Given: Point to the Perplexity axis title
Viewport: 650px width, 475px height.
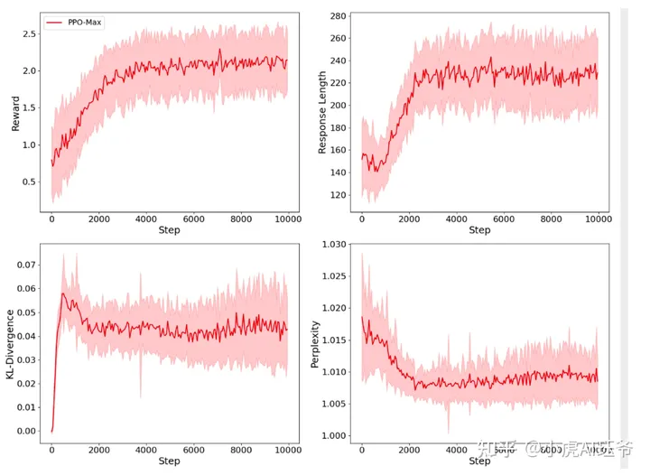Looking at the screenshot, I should pyautogui.click(x=317, y=345).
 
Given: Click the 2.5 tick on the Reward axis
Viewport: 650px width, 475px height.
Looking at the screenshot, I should pyautogui.click(x=29, y=33).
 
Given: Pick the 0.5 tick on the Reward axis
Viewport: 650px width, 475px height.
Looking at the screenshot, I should pyautogui.click(x=29, y=182).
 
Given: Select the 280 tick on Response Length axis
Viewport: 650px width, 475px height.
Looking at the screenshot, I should pyautogui.click(x=340, y=16).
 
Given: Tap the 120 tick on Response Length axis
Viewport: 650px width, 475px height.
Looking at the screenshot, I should pyautogui.click(x=340, y=195).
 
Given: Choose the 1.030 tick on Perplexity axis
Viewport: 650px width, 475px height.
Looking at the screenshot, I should pyautogui.click(x=333, y=244).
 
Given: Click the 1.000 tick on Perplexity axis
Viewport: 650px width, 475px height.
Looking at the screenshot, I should pyautogui.click(x=333, y=436).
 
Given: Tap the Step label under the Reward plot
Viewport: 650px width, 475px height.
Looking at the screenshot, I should pyautogui.click(x=169, y=230).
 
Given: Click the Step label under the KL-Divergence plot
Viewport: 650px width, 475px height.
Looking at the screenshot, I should pyautogui.click(x=169, y=461).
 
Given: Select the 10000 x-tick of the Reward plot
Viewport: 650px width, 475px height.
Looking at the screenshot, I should pyautogui.click(x=288, y=219).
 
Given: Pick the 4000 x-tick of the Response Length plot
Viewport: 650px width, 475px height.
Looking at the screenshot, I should pyautogui.click(x=456, y=219).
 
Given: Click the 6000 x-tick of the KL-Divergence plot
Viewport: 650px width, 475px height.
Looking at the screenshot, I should pyautogui.click(x=193, y=450).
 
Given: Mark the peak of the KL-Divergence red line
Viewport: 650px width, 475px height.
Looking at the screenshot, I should pyautogui.click(x=62, y=293).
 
